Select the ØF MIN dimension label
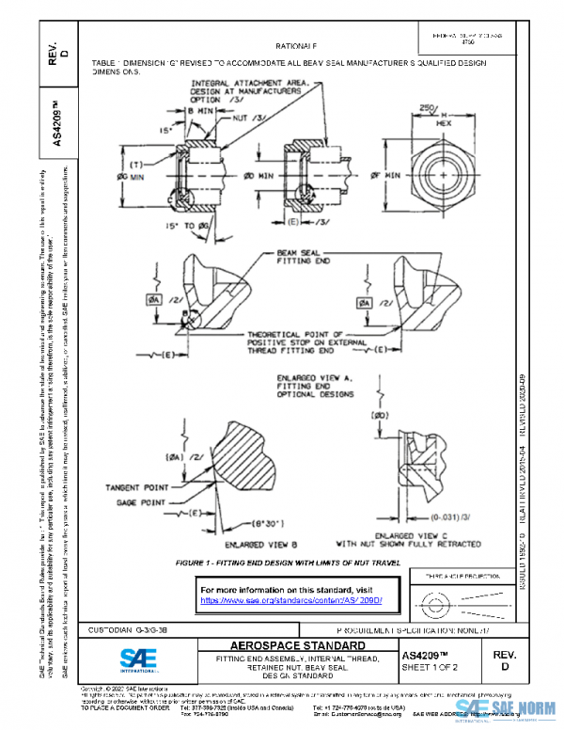point(383,175)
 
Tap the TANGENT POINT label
point(139,487)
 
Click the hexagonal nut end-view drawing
point(440,176)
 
